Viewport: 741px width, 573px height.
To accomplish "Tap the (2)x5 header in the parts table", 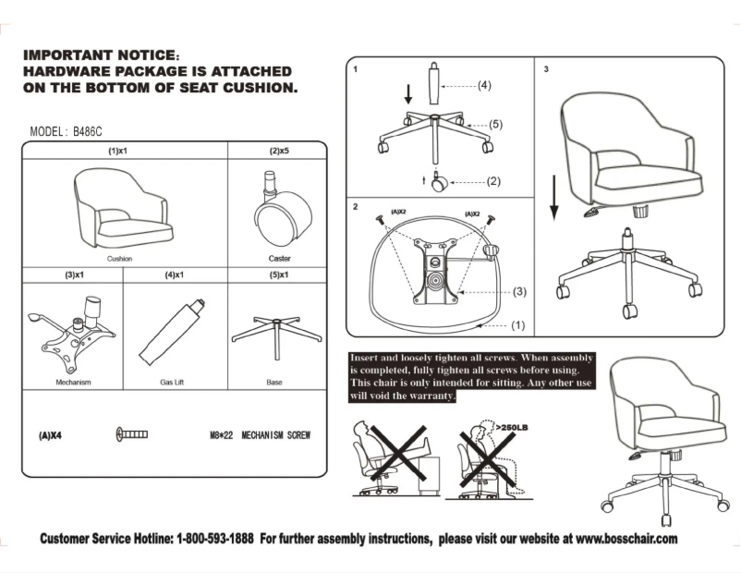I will pos(279,150).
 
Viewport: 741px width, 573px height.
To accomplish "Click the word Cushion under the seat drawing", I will pos(119,259).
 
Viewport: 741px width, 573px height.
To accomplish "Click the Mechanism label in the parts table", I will pos(73,382).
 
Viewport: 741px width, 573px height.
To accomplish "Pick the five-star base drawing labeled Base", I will pos(275,334).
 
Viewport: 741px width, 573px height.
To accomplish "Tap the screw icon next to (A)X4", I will pos(132,434).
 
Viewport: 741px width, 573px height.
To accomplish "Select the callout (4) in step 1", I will pos(484,86).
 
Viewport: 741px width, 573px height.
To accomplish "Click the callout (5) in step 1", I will pos(494,123).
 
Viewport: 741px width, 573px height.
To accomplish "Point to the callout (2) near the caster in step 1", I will pos(493,181).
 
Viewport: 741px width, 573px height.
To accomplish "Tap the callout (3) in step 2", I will pos(519,291).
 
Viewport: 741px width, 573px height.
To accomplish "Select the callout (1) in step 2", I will pos(518,324).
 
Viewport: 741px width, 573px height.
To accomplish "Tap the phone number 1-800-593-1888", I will pos(215,538).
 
